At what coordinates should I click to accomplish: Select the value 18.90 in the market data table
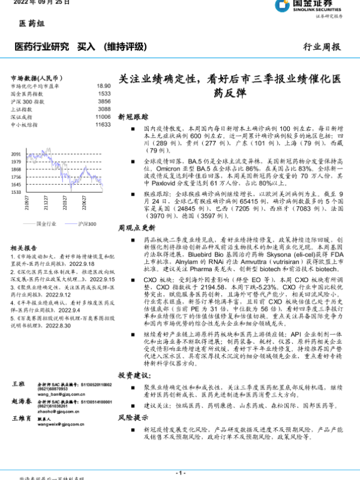click(x=103, y=86)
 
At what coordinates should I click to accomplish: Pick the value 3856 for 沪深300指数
click(x=104, y=101)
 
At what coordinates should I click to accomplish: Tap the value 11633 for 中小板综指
click(x=103, y=125)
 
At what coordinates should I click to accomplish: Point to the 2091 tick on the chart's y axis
click(x=16, y=154)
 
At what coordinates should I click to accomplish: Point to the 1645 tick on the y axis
click(x=16, y=185)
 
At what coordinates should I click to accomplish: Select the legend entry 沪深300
click(x=88, y=223)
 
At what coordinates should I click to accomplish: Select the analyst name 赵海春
click(x=22, y=400)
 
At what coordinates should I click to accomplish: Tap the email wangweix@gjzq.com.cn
click(x=56, y=440)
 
